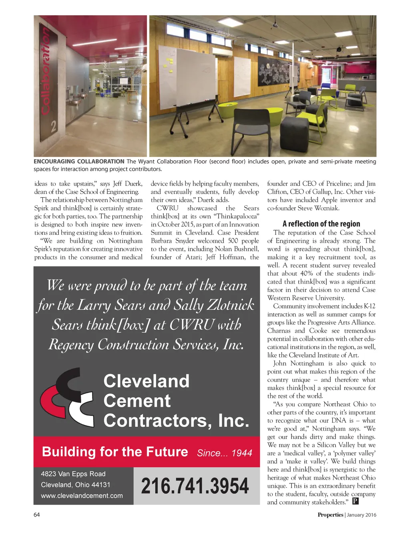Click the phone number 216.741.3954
click(195, 486)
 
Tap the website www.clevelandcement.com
click(82, 496)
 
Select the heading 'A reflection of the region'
click(321, 224)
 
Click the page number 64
click(37, 515)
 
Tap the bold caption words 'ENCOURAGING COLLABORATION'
click(79, 162)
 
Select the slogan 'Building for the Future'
click(115, 452)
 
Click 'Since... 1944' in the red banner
click(225, 453)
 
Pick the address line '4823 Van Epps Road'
click(73, 474)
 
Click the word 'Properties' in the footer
click(330, 515)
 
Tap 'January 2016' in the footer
click(362, 515)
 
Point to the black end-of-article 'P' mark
click(355, 501)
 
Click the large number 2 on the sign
click(54, 128)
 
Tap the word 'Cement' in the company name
click(137, 401)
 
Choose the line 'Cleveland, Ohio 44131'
click(75, 485)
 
